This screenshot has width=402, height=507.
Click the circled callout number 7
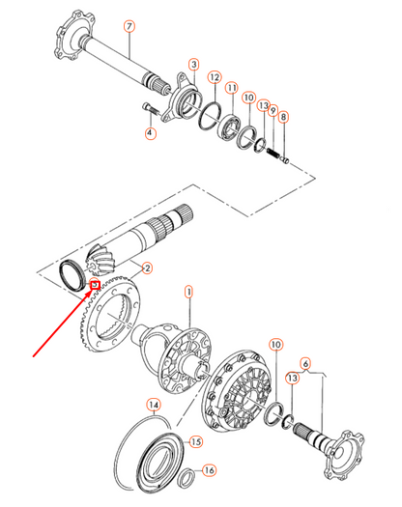129,26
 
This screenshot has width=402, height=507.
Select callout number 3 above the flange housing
194,65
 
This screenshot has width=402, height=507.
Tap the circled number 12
215,77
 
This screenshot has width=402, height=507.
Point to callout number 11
232,88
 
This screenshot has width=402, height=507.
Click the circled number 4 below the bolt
150,133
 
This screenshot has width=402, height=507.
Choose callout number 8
283,117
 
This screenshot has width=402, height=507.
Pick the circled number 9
273,111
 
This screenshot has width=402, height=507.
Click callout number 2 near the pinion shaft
147,268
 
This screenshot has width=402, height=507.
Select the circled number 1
188,292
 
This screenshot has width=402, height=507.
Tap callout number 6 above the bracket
305,363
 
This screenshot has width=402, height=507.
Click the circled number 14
154,405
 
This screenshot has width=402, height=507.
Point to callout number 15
196,441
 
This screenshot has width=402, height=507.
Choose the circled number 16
210,469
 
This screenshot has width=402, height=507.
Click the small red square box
95,285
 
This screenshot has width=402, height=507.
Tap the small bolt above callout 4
151,108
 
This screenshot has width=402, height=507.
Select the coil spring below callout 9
273,152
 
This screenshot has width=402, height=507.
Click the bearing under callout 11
228,127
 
